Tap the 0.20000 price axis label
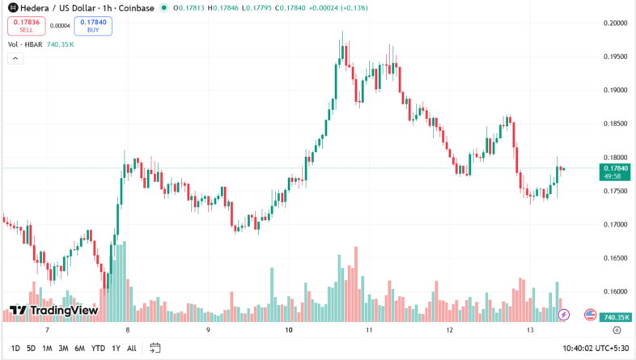pyautogui.click(x=617, y=23)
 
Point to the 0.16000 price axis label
pyautogui.click(x=617, y=291)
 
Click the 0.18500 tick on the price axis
pyautogui.click(x=617, y=124)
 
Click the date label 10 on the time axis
pyautogui.click(x=289, y=331)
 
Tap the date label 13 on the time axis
pyautogui.click(x=530, y=331)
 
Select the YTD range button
pyautogui.click(x=98, y=349)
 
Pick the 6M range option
pyautogui.click(x=79, y=349)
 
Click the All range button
pyautogui.click(x=132, y=349)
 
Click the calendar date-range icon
pyautogui.click(x=155, y=349)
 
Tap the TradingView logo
pyautogui.click(x=53, y=311)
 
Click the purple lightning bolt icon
pyautogui.click(x=564, y=314)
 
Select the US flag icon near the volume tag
pyautogui.click(x=590, y=314)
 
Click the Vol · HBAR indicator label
pyautogui.click(x=24, y=44)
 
